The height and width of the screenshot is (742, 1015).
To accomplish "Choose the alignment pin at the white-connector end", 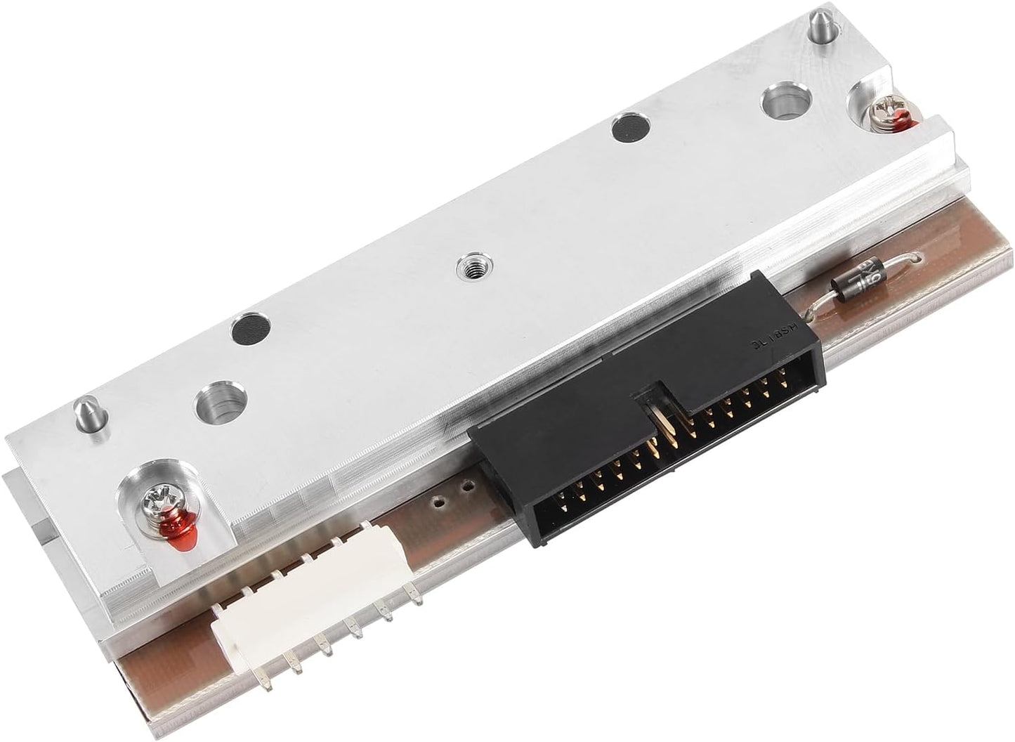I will click(83, 408).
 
